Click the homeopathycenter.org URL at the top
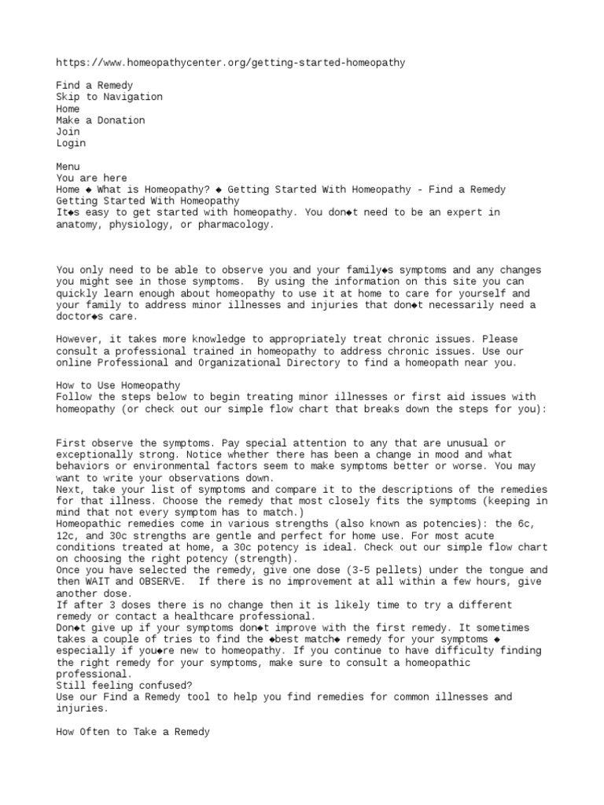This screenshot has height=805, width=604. point(230,62)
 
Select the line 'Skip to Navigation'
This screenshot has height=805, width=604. point(109,97)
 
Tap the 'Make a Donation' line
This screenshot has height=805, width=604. point(101,120)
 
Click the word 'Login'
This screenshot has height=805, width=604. point(71,143)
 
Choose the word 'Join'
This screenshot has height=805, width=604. point(68,132)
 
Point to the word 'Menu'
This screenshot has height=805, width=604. point(68,167)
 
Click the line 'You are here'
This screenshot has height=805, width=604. point(91,178)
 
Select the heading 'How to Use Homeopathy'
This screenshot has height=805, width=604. point(118,386)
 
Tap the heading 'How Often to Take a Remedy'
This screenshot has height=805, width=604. point(133,732)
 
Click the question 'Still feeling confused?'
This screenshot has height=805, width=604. point(123,686)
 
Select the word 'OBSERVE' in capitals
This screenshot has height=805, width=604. point(161,582)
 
